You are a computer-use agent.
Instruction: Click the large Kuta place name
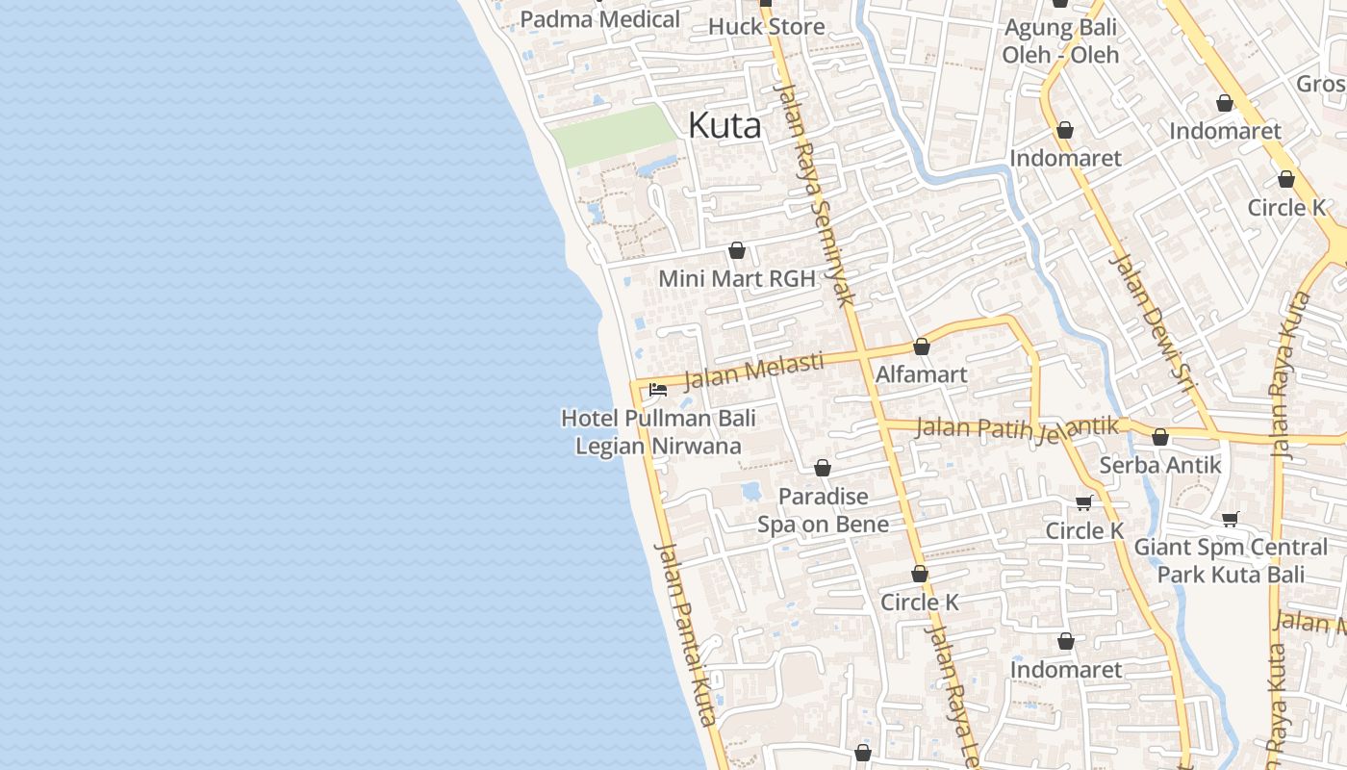[725, 125]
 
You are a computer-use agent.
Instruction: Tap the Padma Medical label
[599, 19]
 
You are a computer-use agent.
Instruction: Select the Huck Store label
[766, 26]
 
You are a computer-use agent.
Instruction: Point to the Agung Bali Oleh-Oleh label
[1060, 41]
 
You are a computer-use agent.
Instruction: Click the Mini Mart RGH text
[736, 279]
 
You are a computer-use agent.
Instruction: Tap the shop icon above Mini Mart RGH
[737, 250]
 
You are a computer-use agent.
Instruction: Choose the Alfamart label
[921, 374]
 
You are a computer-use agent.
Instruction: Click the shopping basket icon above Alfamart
[922, 346]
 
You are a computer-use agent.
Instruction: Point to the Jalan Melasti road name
[754, 371]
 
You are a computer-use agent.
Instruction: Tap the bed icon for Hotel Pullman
[658, 390]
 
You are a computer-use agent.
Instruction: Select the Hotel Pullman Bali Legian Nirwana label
[658, 432]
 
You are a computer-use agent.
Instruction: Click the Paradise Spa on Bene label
[823, 510]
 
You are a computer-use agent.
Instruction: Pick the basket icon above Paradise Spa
[823, 468]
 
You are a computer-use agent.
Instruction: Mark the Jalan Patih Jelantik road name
[1018, 426]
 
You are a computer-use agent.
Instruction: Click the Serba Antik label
[1160, 465]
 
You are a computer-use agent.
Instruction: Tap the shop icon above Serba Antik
[1160, 437]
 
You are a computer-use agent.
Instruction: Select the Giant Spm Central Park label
[1231, 560]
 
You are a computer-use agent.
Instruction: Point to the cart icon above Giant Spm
[1230, 520]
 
